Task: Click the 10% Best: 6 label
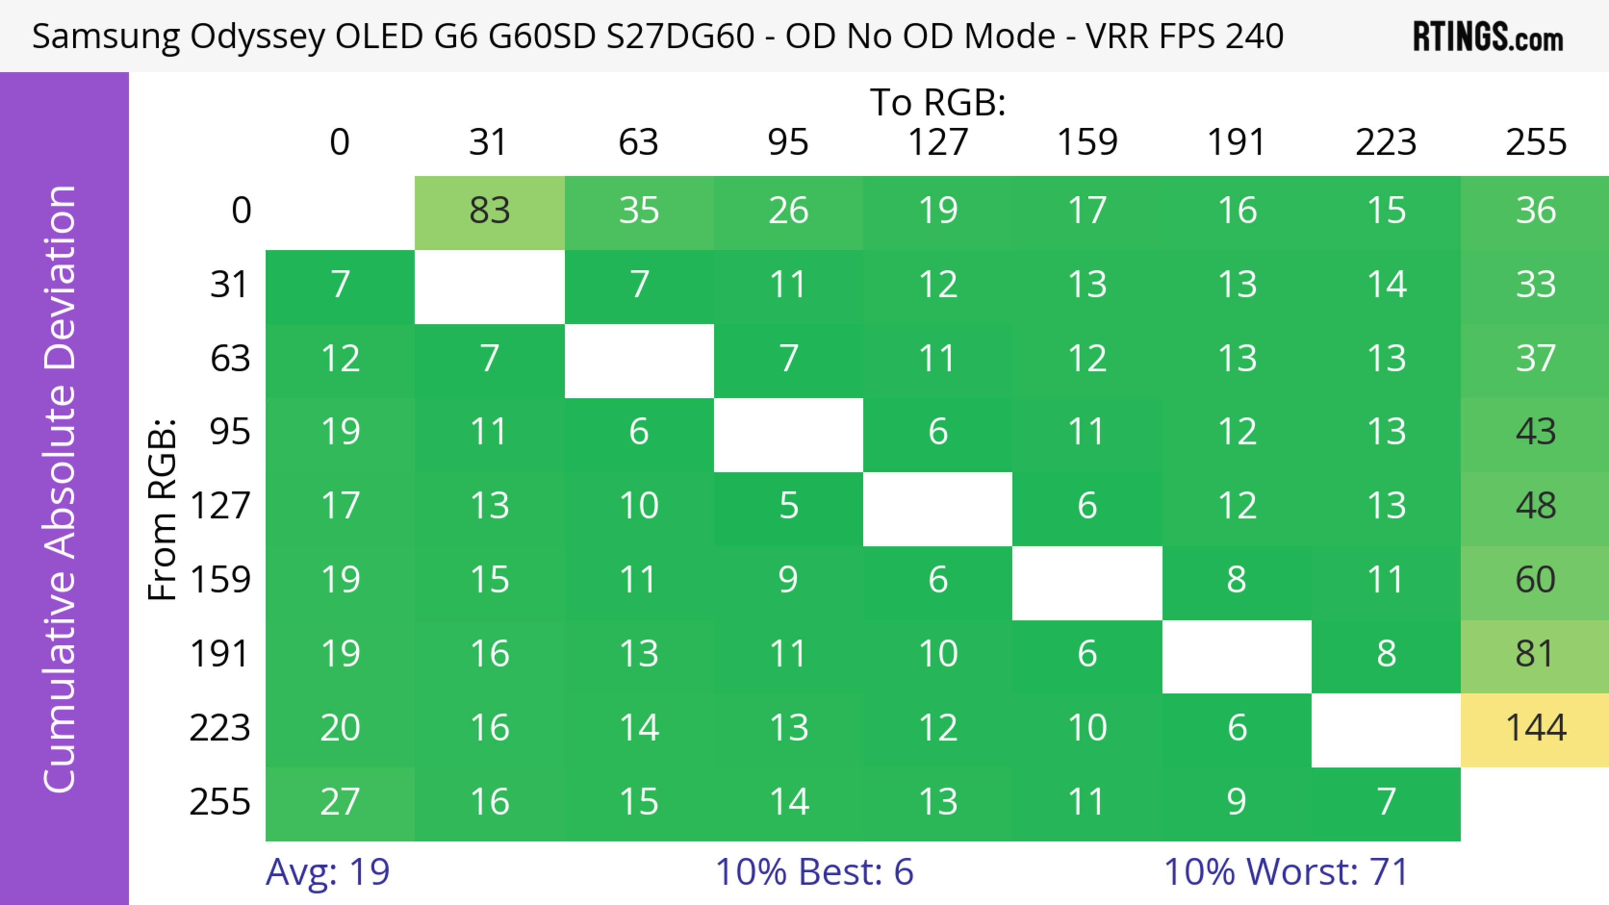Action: point(814,872)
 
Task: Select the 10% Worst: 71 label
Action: point(1286,872)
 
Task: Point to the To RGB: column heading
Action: point(938,102)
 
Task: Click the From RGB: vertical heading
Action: point(163,509)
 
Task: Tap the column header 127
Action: point(938,143)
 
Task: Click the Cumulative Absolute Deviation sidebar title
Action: point(61,489)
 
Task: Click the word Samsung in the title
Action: point(106,36)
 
